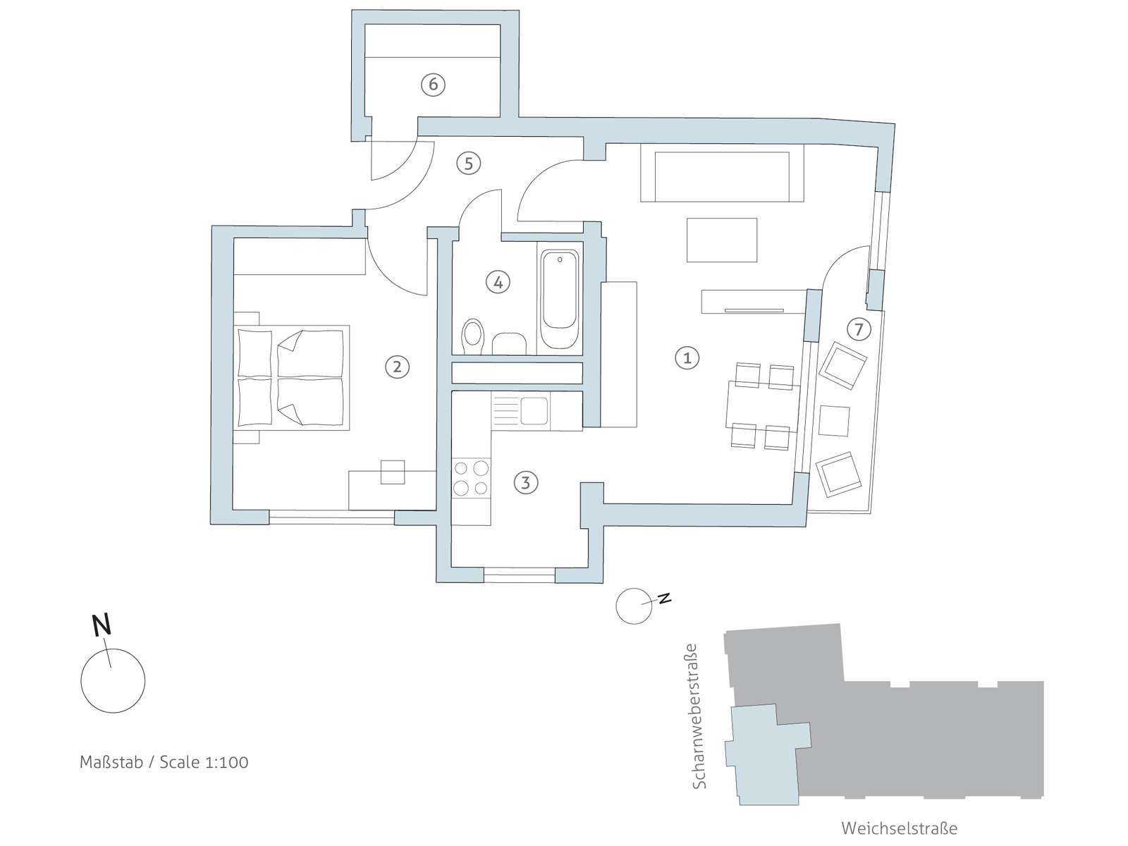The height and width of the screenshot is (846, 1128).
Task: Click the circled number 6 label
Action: pyautogui.click(x=433, y=84)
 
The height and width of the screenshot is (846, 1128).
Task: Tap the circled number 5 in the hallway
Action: pyautogui.click(x=468, y=164)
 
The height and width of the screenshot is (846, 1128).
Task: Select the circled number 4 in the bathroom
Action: pyautogui.click(x=498, y=282)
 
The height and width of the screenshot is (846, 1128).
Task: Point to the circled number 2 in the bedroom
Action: pyautogui.click(x=397, y=367)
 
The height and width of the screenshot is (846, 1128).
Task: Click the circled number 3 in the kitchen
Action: pyautogui.click(x=526, y=483)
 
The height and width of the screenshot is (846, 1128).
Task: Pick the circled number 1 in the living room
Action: pyautogui.click(x=687, y=358)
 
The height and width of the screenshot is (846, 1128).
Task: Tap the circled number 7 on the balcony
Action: pyautogui.click(x=859, y=329)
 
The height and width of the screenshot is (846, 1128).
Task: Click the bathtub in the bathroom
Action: pyautogui.click(x=560, y=298)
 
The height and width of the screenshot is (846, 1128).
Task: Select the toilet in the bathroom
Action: pyautogui.click(x=473, y=337)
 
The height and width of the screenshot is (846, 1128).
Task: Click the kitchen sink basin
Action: pyautogui.click(x=534, y=410)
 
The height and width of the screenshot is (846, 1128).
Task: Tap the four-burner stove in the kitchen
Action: pyautogui.click(x=471, y=478)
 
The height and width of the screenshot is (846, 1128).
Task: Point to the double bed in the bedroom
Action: pyautogui.click(x=291, y=378)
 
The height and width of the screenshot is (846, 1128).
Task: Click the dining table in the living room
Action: pyautogui.click(x=763, y=405)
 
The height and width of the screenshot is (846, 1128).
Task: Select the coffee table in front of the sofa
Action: pyautogui.click(x=722, y=240)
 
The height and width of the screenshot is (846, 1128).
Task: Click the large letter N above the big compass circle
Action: pyautogui.click(x=102, y=625)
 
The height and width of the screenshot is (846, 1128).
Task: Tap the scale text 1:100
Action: pyautogui.click(x=226, y=762)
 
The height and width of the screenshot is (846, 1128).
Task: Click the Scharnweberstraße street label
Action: pyautogui.click(x=699, y=716)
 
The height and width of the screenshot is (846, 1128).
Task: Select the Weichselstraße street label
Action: pyautogui.click(x=900, y=828)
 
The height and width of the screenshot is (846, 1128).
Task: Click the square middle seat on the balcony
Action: pyautogui.click(x=833, y=421)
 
